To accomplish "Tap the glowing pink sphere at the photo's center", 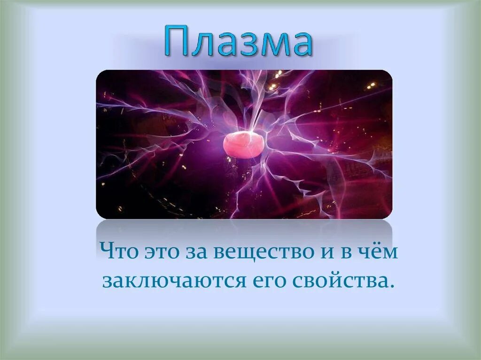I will click(x=244, y=145).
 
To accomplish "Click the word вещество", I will click(x=261, y=253).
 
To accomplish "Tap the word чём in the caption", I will click(x=380, y=253).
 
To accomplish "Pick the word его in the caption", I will click(x=269, y=282).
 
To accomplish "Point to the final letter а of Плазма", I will click(x=299, y=44).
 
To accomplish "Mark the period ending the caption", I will click(x=390, y=287).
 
